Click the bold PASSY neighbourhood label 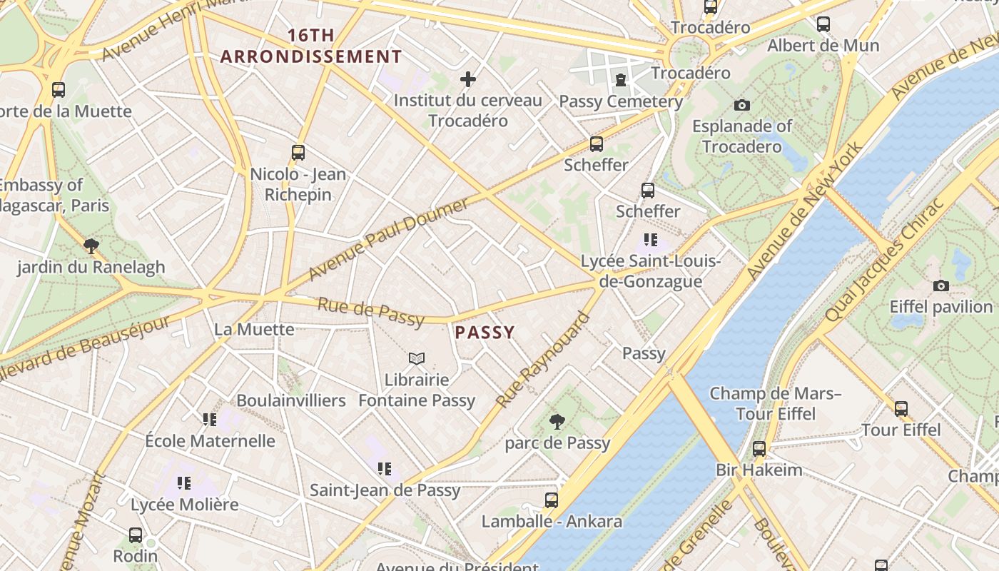click(485, 333)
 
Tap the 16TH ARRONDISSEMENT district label click(311, 46)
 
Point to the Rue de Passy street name click(371, 312)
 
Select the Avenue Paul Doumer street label click(389, 238)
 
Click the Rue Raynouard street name click(543, 361)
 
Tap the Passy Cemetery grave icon click(621, 80)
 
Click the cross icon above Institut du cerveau click(468, 79)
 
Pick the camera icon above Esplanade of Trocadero click(742, 106)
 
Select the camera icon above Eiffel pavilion click(941, 286)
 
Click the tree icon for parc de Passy click(557, 422)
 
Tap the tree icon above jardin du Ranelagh click(91, 246)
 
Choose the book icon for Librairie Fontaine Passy click(417, 358)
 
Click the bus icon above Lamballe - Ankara click(552, 500)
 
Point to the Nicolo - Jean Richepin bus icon click(298, 152)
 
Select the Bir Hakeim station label click(759, 470)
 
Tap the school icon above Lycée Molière click(184, 483)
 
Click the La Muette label click(254, 329)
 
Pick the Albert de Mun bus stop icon click(823, 24)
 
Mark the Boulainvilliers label click(291, 400)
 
